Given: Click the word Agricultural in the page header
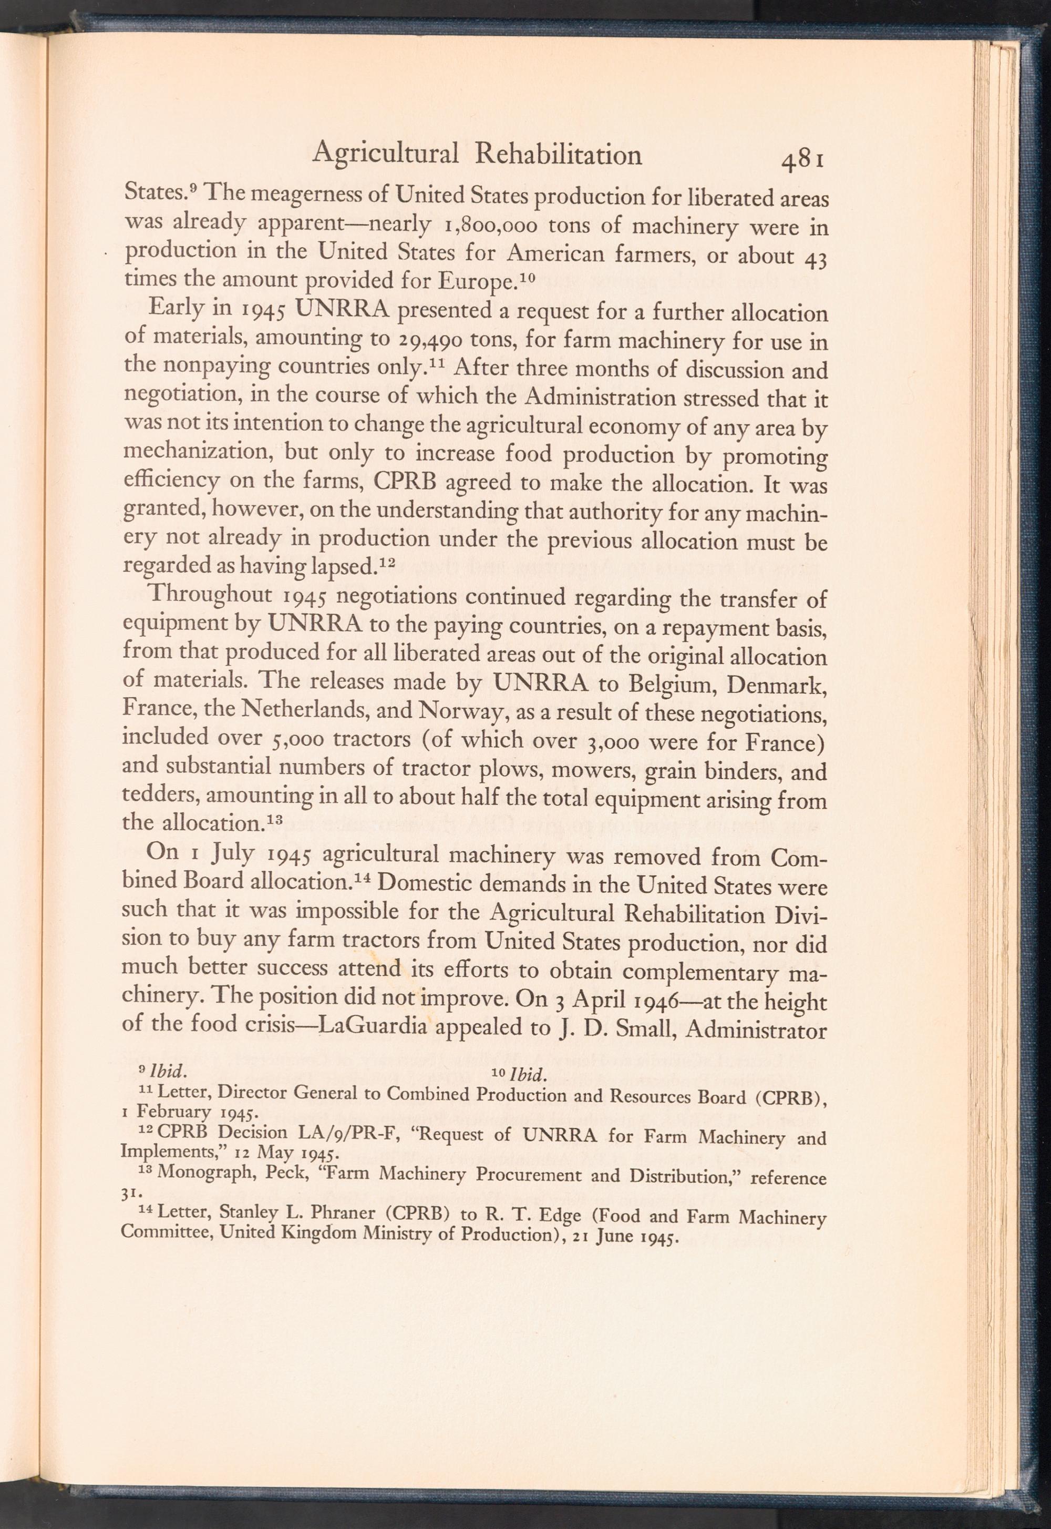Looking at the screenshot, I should [385, 155].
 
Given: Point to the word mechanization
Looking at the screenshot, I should [198, 455].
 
